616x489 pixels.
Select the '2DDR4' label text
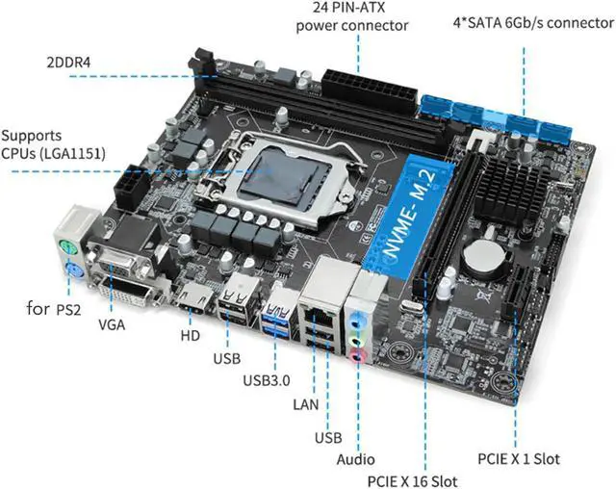pyautogui.click(x=70, y=64)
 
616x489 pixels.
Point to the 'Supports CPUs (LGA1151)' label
pyautogui.click(x=53, y=143)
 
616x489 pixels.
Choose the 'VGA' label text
pyautogui.click(x=112, y=324)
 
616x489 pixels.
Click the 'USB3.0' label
pyautogui.click(x=265, y=379)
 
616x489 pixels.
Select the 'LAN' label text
pyautogui.click(x=306, y=403)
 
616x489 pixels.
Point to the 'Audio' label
pyautogui.click(x=355, y=460)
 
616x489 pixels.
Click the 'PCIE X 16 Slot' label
pyautogui.click(x=410, y=479)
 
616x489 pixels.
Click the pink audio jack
pyautogui.click(x=357, y=357)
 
